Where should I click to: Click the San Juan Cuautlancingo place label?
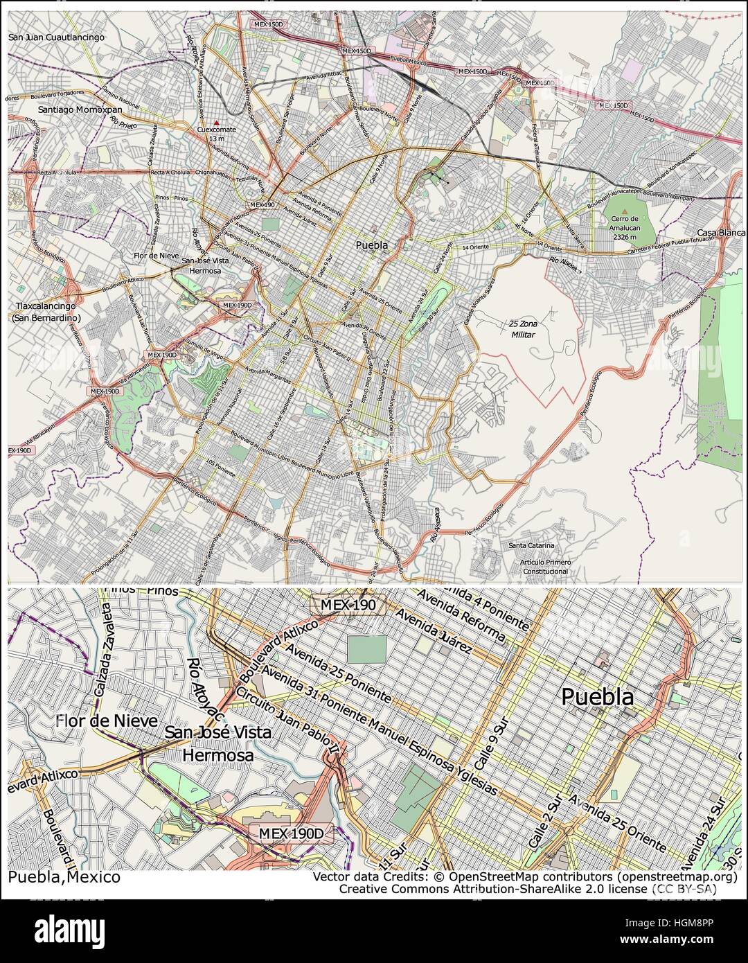click(x=57, y=37)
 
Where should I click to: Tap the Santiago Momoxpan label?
click(x=80, y=109)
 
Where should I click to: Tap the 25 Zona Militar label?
click(x=524, y=329)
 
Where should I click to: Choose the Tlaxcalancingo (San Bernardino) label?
click(x=46, y=312)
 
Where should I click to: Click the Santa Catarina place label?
click(x=532, y=545)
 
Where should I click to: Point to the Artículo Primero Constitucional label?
click(x=546, y=567)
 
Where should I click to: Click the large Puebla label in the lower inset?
click(x=597, y=697)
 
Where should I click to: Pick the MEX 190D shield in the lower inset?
click(x=291, y=833)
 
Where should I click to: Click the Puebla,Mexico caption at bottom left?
click(x=64, y=877)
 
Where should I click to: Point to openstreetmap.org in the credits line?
click(x=677, y=877)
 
